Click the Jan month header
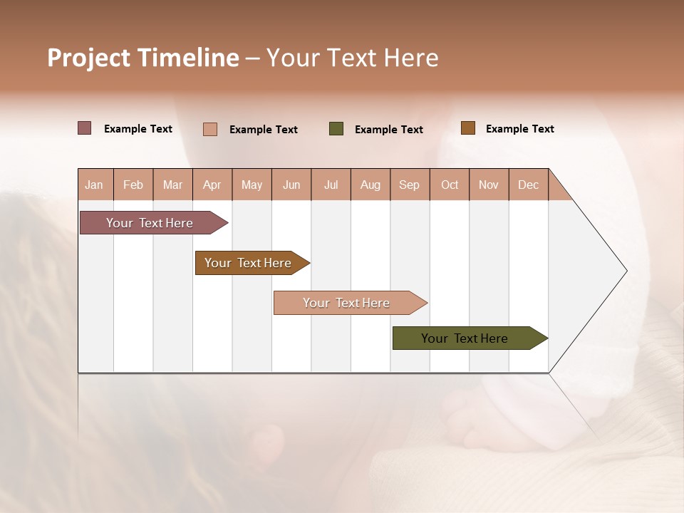pos(95,185)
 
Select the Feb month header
pos(133,185)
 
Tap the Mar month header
pos(172,185)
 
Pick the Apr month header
pos(212,185)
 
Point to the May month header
pos(252,185)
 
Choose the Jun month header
pos(291,185)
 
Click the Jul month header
pos(331,185)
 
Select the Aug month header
pos(370,185)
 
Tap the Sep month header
pos(410,185)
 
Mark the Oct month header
pos(450,185)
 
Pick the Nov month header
pos(489,185)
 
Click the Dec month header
pos(529,185)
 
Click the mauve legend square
pos(85,128)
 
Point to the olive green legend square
pos(336,129)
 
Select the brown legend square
pos(468,128)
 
